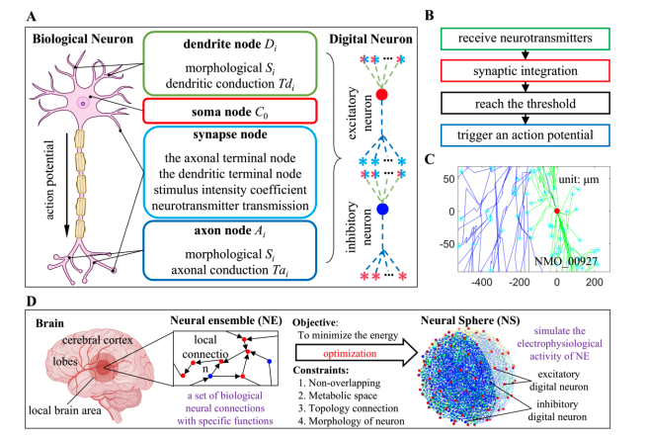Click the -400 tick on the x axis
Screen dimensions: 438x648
point(482,282)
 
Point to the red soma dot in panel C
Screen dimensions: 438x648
point(557,211)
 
